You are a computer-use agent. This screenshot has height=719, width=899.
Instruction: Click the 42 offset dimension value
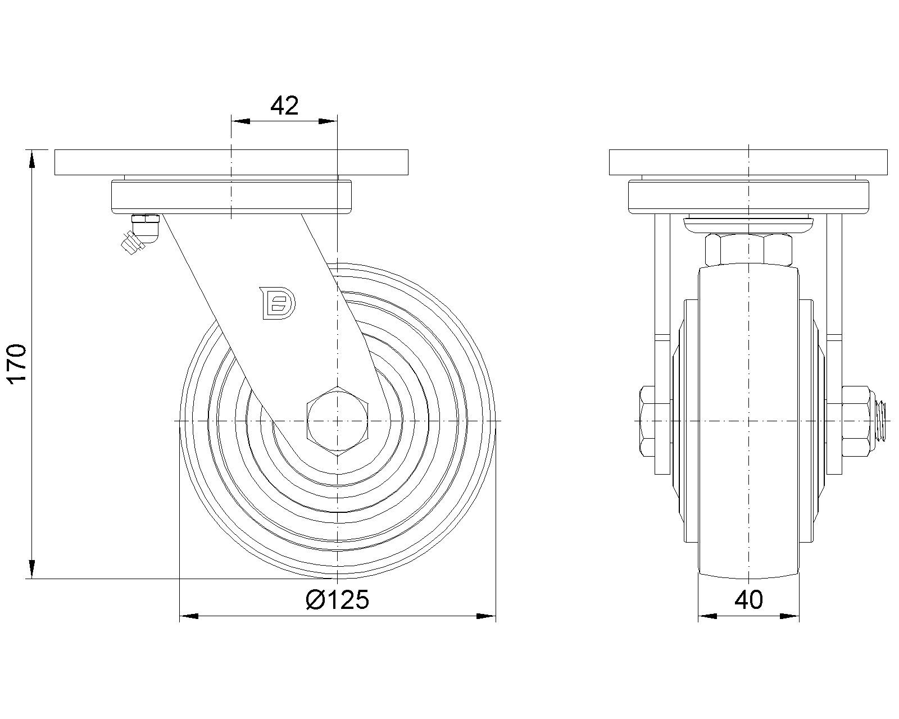tap(284, 106)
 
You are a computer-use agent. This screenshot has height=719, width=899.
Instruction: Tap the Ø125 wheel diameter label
tap(338, 600)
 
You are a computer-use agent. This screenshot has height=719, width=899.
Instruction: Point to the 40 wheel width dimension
tap(748, 600)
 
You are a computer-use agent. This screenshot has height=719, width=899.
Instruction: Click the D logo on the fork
tap(278, 303)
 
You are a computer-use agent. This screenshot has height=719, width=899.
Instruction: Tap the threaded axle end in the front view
tap(880, 421)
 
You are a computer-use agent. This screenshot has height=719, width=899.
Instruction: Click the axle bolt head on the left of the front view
tap(647, 421)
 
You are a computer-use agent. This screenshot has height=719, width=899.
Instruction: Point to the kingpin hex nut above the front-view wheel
tap(748, 250)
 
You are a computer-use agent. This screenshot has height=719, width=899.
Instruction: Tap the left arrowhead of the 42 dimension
tap(241, 121)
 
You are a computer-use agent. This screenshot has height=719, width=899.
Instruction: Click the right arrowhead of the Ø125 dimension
tap(486, 616)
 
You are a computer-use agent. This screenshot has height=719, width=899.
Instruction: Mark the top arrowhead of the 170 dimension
tap(32, 159)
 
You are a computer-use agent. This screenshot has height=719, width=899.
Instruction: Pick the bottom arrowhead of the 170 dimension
tap(32, 569)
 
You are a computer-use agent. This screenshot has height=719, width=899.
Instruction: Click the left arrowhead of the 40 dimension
tap(707, 616)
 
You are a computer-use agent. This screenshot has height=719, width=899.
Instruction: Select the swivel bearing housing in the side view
tap(231, 197)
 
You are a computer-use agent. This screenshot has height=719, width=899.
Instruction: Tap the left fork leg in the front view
tap(662, 344)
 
